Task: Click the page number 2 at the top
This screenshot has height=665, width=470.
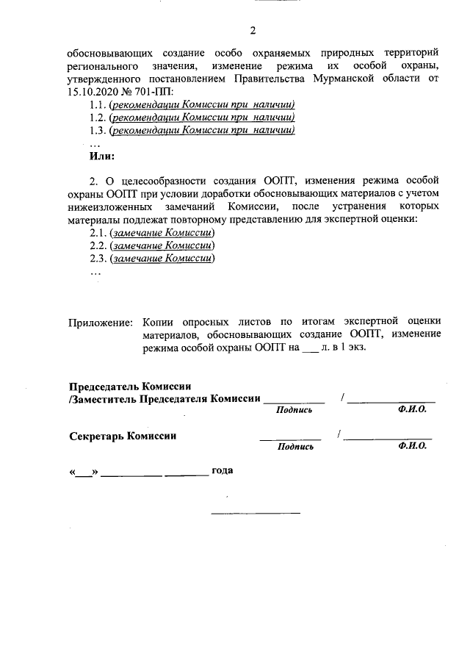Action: tap(253, 30)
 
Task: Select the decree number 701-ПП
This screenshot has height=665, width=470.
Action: tap(151, 90)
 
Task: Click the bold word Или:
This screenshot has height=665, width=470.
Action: tap(101, 157)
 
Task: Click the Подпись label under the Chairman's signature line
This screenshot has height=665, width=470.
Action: tap(295, 410)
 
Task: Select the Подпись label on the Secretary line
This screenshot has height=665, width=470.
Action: tap(295, 446)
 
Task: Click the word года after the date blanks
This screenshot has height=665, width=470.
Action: tap(222, 470)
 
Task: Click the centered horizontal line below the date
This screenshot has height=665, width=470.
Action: tap(256, 511)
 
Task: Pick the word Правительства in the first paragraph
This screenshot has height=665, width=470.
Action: tap(269, 77)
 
